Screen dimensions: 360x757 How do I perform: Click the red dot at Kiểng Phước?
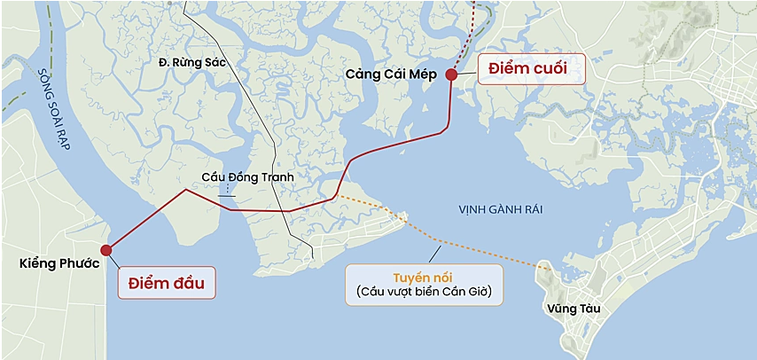pos(106,249)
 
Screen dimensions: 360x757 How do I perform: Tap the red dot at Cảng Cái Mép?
pos(451,74)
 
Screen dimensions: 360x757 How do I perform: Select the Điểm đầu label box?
pos(167,283)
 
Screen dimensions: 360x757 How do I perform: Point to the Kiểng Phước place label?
pos(59,264)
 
